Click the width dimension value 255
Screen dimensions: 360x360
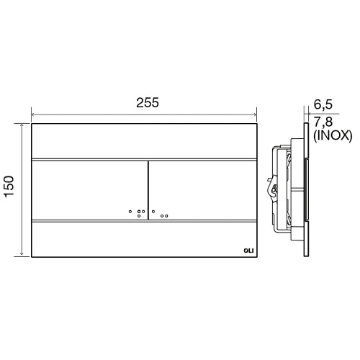148,102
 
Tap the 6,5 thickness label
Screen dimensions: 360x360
323,104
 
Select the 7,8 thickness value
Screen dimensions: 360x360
323,122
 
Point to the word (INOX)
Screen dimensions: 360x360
333,136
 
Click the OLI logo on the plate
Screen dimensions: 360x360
248,251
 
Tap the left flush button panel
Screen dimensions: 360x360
89,190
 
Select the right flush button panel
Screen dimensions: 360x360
203,190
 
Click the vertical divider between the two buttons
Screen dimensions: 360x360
148,190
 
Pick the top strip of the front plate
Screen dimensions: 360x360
144,141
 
